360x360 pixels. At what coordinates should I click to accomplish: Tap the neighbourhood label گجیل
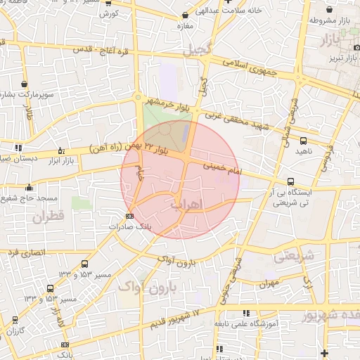click(x=197, y=51)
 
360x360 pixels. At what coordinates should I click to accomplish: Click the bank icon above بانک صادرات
click(x=129, y=216)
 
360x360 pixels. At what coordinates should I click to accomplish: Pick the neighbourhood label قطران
click(x=47, y=217)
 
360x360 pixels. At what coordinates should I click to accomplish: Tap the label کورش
click(x=108, y=13)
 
